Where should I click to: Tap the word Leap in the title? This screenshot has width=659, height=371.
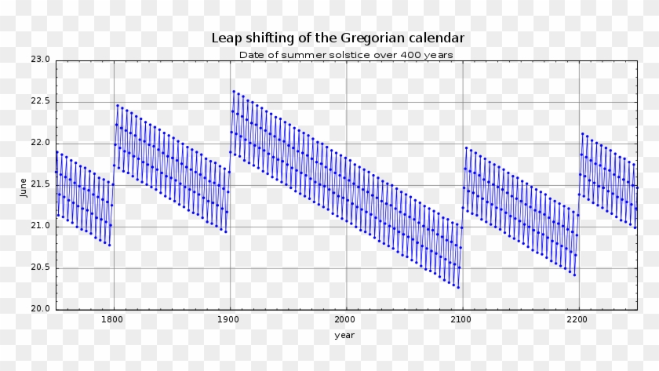coord(225,38)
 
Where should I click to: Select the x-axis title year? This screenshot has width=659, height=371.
coord(344,335)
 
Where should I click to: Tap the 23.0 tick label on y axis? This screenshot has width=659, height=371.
coord(41,60)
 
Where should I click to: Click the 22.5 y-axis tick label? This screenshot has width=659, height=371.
coord(41,101)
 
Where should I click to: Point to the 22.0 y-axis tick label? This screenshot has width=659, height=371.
coord(41,143)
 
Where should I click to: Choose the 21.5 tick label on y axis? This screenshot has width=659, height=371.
coord(41,184)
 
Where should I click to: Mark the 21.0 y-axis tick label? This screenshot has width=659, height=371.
coord(41,226)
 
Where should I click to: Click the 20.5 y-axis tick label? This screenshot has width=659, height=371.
coord(41,267)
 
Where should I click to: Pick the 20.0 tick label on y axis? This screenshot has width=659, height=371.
coord(41,309)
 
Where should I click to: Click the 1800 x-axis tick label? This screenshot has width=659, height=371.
coord(114,320)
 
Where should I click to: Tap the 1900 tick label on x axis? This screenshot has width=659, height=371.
coord(230,320)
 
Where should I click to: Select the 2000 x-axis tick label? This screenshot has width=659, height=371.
coord(346,320)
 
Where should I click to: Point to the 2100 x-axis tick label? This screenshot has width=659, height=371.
coord(462,320)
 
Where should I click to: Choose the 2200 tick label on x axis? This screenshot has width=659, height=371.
coord(578,320)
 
